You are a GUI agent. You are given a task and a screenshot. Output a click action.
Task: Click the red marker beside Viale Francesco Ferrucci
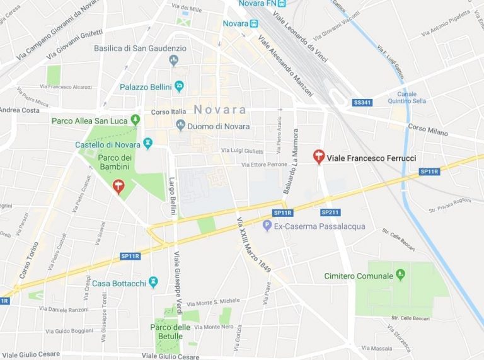[319, 156]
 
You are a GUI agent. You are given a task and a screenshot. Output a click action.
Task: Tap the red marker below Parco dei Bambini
[117, 186]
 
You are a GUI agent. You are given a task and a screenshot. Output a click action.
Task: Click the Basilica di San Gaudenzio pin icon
[174, 61]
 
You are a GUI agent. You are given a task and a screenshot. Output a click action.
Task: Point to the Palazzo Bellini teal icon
[179, 86]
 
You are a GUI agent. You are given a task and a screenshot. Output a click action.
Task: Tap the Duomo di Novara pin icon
[180, 126]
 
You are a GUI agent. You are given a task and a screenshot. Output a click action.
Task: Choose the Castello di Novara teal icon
[148, 144]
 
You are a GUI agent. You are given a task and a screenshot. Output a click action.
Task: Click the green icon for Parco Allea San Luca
[135, 119]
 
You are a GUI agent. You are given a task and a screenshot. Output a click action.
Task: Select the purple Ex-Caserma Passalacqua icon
[267, 226]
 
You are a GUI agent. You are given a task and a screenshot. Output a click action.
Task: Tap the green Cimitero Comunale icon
[400, 276]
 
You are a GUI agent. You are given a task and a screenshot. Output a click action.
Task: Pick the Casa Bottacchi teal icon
[153, 282]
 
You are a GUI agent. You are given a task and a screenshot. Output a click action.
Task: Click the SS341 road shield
[362, 102]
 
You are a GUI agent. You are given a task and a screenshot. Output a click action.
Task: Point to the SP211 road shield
[331, 212]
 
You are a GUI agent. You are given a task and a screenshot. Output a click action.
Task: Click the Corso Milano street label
[427, 128]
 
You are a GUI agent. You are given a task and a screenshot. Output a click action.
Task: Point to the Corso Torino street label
[28, 260]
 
